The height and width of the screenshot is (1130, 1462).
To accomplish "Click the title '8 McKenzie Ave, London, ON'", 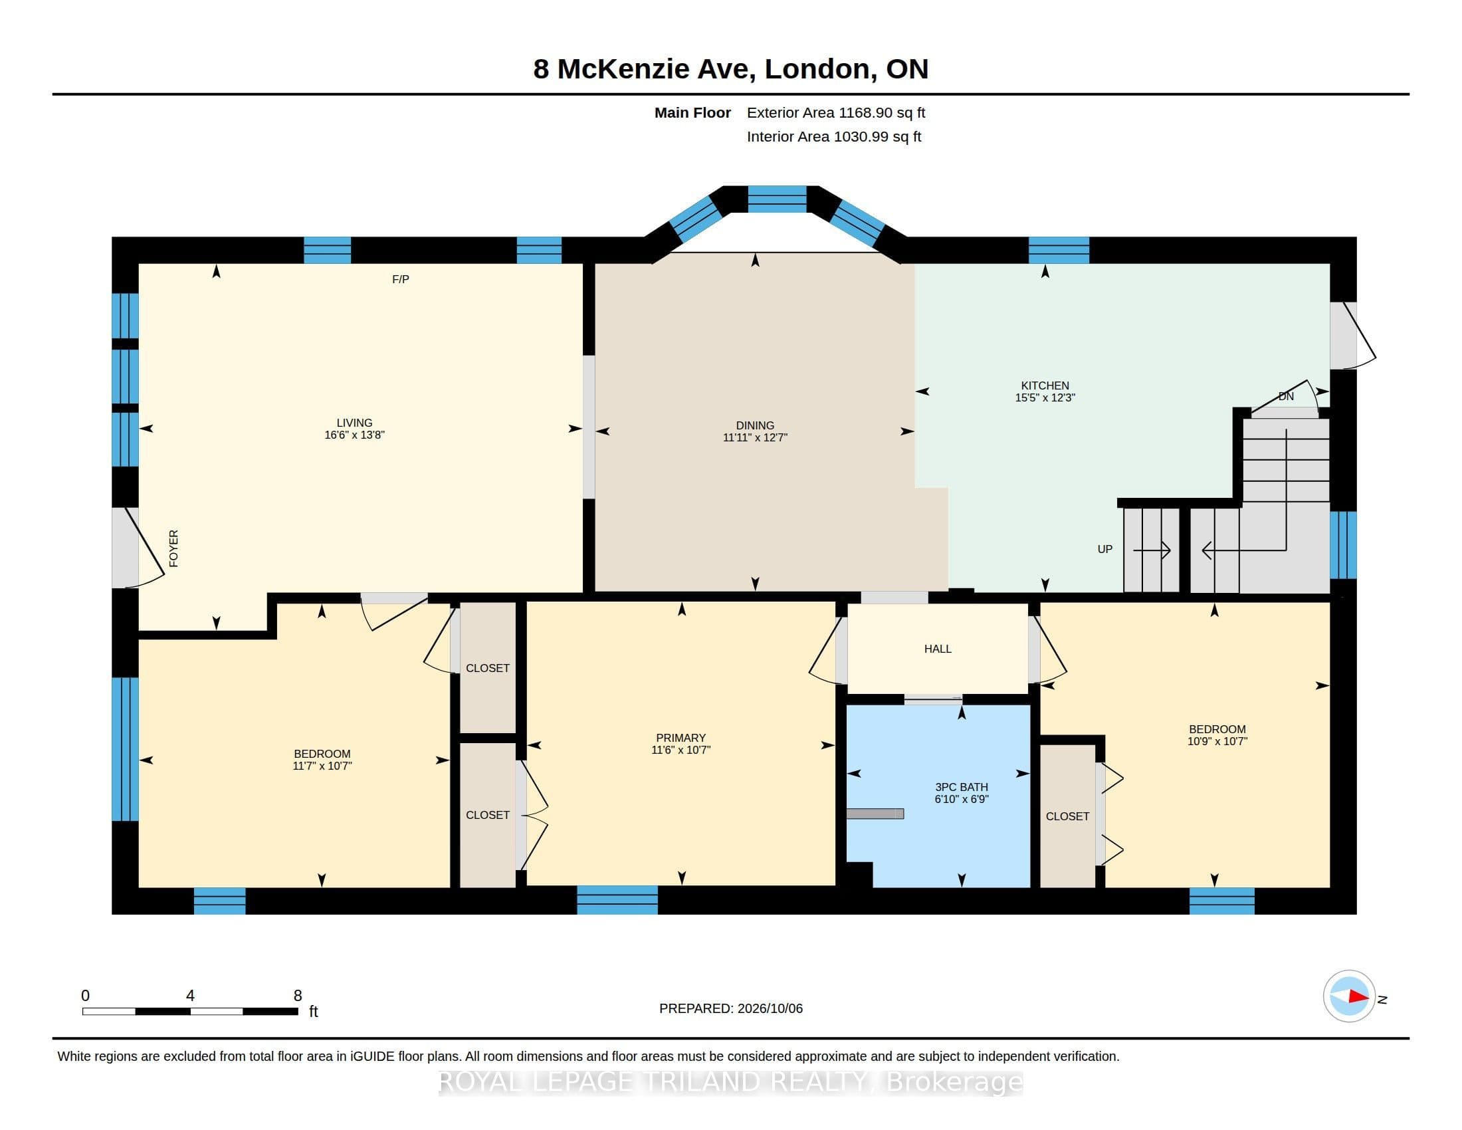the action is (730, 69).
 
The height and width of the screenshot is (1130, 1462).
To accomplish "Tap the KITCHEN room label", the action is (1044, 386).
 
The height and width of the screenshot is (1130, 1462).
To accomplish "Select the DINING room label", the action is (755, 425).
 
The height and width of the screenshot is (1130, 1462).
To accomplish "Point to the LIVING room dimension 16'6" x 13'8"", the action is (354, 435).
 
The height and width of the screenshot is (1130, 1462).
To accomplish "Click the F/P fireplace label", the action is (400, 279).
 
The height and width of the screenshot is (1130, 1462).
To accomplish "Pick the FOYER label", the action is (173, 548).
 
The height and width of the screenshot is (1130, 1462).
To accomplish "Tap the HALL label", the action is (937, 649).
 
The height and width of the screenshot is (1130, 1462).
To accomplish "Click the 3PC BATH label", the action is (962, 787).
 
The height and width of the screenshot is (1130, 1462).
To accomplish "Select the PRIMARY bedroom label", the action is (680, 738).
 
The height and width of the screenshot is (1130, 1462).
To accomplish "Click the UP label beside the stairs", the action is (1104, 549).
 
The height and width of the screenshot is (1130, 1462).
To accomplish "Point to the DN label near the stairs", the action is (1286, 396).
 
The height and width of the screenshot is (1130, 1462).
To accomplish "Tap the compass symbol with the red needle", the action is (1349, 996).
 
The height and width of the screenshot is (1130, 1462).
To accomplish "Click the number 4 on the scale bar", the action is (190, 996).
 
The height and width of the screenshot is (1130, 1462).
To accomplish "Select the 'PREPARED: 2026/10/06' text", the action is (730, 1008).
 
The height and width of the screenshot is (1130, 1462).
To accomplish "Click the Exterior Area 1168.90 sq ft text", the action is (836, 113).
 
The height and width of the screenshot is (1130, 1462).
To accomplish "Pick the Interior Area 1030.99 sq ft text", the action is (834, 136).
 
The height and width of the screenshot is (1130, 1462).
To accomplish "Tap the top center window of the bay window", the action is (778, 199).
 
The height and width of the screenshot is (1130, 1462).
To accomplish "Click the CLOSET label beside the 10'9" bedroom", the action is (1067, 816).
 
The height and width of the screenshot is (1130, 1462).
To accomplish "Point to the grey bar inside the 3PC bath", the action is (875, 814).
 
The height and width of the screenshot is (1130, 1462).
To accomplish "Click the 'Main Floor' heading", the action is (692, 113).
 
